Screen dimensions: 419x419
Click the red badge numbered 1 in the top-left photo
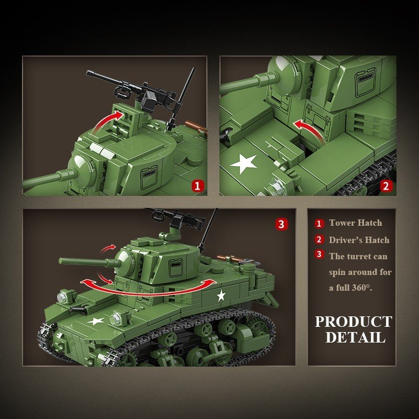coord(197,185)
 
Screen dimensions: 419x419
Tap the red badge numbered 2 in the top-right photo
coord(386,185)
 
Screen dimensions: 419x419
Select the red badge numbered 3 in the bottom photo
coord(282,224)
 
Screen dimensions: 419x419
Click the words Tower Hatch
coord(356,223)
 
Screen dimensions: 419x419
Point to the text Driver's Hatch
coord(359,240)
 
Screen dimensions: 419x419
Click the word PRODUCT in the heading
coord(353,321)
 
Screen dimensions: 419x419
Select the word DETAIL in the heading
coord(355,337)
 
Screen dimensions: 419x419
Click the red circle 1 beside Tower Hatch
coord(319,224)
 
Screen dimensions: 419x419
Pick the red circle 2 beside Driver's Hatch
coord(319,240)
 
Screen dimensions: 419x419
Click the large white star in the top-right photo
coord(244,163)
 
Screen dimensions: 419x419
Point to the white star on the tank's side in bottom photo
coord(221,296)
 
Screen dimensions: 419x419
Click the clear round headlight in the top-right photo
coord(274,185)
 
